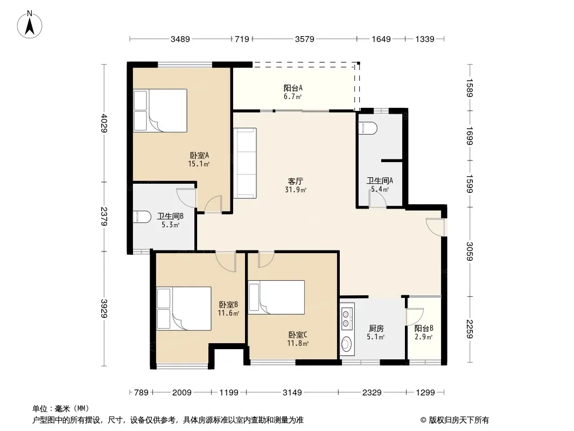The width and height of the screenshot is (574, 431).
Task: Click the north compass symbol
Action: [x=30, y=24]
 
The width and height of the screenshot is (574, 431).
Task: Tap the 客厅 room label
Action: [x=296, y=181]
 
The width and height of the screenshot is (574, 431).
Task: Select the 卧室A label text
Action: [x=199, y=155]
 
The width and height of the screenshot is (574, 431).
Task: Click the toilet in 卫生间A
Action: [x=368, y=128]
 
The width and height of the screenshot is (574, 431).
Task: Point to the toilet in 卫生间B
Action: [x=142, y=217]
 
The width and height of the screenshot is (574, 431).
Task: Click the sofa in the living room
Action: [x=245, y=163]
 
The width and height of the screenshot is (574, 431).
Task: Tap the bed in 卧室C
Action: [x=276, y=297]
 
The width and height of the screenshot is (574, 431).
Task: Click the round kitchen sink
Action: [x=346, y=345]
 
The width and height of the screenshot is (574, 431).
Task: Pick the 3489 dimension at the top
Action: [x=180, y=39]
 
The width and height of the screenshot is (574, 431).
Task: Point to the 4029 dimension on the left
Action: [x=104, y=123]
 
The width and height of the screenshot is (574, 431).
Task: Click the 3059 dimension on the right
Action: [x=470, y=252]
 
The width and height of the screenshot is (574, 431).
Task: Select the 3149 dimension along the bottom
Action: [x=292, y=393]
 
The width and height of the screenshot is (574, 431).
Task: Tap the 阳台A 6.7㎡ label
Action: [x=293, y=92]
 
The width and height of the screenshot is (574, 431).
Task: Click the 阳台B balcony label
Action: [x=424, y=329]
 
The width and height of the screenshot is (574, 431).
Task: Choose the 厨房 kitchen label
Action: [x=376, y=329]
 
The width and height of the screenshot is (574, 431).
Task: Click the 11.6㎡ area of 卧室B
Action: [x=228, y=314]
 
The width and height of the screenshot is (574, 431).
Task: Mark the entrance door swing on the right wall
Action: [x=436, y=227]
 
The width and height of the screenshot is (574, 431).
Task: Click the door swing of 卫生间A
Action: [x=377, y=199]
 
